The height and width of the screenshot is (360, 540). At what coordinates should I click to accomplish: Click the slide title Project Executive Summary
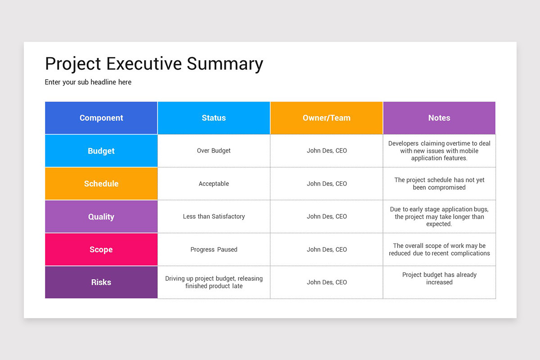[x=154, y=64]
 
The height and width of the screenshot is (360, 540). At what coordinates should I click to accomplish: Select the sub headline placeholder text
[x=88, y=82]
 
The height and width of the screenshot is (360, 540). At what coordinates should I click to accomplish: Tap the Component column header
[x=101, y=118]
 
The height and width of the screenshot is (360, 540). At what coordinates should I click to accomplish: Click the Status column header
[x=214, y=118]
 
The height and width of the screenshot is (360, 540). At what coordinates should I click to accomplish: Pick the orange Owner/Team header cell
[x=326, y=118]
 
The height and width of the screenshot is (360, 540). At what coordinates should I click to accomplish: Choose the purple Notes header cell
[x=439, y=118]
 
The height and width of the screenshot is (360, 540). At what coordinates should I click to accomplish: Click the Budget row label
[x=101, y=151]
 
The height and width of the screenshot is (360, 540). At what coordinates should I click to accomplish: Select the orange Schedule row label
[x=101, y=184]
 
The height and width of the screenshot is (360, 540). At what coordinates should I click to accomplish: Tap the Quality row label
[x=101, y=216]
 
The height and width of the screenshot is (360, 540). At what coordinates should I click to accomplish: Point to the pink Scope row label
[x=101, y=249]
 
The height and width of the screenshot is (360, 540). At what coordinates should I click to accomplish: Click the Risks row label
[x=101, y=282]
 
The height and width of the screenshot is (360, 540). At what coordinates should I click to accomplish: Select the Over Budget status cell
[x=214, y=151]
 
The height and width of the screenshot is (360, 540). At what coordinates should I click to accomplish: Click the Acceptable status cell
[x=214, y=184]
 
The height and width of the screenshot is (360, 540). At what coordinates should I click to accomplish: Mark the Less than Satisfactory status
[x=214, y=216]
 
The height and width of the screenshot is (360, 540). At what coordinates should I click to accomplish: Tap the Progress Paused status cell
[x=214, y=249]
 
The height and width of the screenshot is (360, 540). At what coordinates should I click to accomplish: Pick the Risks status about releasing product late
[x=214, y=282]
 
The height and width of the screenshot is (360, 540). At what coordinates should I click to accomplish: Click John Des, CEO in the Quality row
[x=327, y=216]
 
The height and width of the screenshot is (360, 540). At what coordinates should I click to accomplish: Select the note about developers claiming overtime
[x=439, y=151]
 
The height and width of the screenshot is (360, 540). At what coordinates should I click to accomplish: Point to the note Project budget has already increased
[x=439, y=279]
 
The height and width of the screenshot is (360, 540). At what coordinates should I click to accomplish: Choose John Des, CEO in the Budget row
[x=327, y=151]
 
